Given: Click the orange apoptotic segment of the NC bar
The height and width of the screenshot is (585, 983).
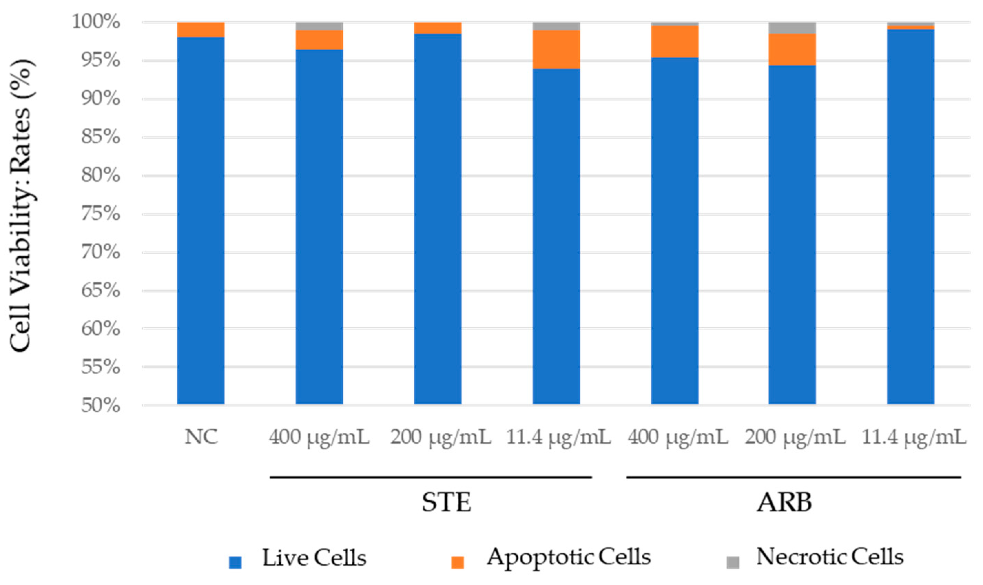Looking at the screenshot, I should (200, 30).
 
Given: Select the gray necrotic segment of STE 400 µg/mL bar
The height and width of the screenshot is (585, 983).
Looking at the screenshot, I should (319, 27).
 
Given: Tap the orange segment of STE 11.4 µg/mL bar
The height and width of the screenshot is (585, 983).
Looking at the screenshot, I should (556, 50).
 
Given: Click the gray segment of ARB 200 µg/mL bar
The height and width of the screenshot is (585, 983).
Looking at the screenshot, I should (792, 28).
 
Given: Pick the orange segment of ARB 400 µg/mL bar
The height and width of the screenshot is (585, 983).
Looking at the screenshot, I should (674, 42).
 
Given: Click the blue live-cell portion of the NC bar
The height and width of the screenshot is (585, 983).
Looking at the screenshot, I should (200, 221).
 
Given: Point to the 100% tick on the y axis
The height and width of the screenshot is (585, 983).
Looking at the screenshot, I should (96, 22).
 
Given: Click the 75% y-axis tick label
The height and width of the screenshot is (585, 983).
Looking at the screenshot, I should (101, 214).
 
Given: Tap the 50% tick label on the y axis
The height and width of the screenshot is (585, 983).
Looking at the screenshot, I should (101, 406).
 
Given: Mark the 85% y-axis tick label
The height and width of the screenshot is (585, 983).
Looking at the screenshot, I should (101, 137).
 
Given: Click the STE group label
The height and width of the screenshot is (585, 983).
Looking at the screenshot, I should (446, 503).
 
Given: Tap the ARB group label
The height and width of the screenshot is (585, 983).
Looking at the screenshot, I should (784, 503).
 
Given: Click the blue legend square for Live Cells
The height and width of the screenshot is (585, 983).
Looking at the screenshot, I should (235, 563).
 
